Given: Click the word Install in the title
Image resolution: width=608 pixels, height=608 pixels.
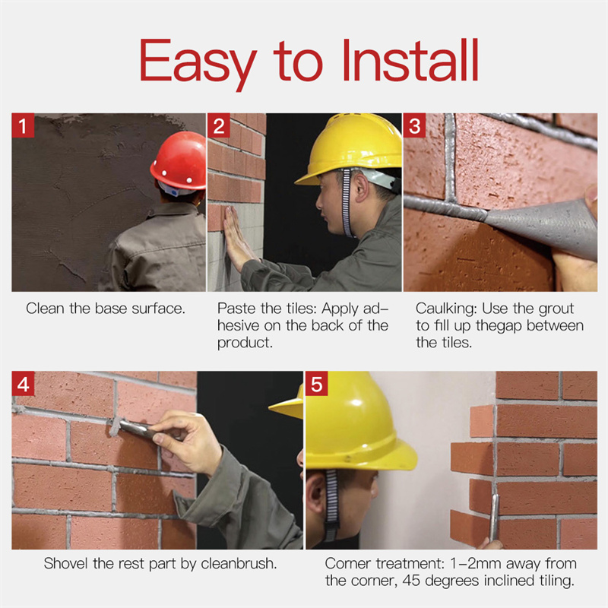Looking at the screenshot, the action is [410, 60].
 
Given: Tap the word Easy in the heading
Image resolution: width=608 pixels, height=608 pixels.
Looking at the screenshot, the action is [198, 65].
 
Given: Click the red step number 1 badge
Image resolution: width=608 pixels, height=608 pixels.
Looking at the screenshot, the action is [23, 125].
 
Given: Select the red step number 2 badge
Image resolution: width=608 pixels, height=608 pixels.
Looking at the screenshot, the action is [219, 125].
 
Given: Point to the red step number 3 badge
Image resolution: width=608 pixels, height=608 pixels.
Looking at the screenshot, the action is [414, 125].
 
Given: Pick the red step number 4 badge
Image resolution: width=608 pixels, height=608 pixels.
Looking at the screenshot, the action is [23, 384].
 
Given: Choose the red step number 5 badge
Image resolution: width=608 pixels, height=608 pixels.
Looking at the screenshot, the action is [316, 384].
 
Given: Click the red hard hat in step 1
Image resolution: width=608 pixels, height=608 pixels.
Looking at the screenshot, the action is [179, 161].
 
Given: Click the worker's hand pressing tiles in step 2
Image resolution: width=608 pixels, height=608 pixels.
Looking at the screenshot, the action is [236, 239].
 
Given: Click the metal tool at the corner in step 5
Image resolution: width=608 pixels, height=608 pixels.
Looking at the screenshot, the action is [493, 518].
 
